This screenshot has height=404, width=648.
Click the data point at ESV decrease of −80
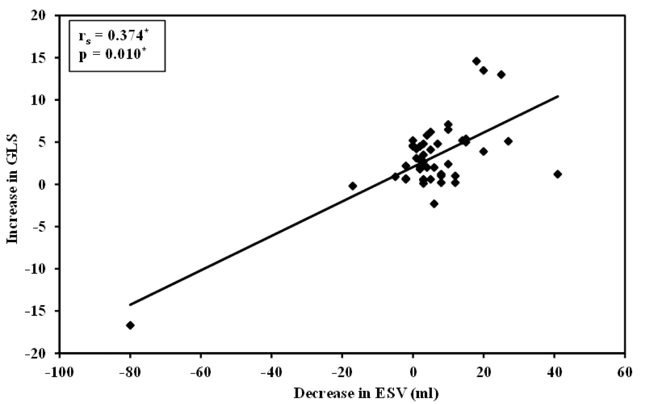point(130,325)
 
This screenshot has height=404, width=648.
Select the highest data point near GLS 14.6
point(476,61)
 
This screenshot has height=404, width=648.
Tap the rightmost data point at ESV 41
point(558,174)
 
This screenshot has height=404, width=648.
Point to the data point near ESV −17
point(353,186)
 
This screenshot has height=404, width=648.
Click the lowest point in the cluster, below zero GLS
point(434,204)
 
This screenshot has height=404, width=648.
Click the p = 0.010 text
point(110,55)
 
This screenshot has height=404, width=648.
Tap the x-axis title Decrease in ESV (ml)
point(366,393)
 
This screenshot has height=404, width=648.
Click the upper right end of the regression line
point(558,96)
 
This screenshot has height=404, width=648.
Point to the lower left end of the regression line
point(130,305)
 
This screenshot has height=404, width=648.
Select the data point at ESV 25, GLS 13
point(501,75)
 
